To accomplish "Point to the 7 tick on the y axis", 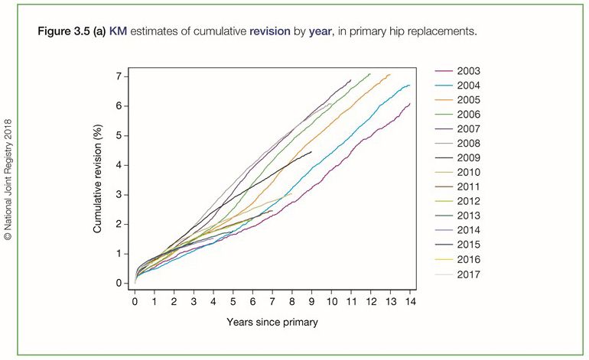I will pos(119,76).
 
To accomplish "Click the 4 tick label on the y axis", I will pos(119,165).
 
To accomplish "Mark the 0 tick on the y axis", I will pos(119,283).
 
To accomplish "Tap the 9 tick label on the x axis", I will pos(311,300).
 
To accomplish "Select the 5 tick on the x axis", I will pos(233,300).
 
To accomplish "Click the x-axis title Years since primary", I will pos(272,322).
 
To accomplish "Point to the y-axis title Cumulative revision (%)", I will pos(98,180).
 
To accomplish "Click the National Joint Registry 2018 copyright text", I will pos(8,180).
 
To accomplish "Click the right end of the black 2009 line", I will pos(311,152).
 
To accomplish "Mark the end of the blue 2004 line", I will pos(410,85).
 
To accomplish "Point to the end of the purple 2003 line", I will pos(410,104).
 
